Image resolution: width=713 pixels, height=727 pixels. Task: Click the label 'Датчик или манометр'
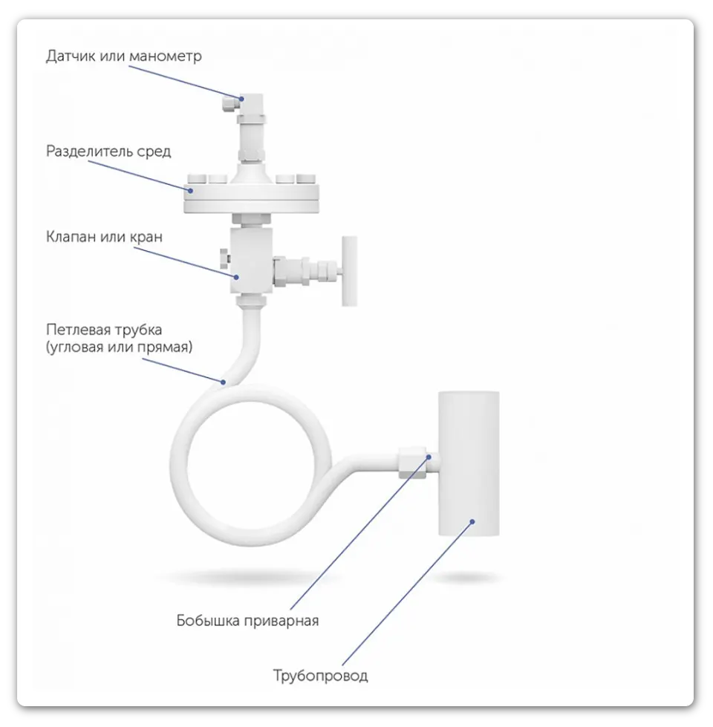(124, 56)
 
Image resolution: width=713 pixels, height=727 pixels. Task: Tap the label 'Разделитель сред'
(108, 151)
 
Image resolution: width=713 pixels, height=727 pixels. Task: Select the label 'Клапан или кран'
(104, 237)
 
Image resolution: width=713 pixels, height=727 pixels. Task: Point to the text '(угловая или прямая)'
(119, 347)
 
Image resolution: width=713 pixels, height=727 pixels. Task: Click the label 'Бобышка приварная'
(247, 621)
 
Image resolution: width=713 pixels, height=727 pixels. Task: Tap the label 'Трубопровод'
(320, 676)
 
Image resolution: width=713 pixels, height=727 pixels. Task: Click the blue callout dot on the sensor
(241, 99)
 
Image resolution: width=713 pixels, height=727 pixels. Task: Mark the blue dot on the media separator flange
(191, 190)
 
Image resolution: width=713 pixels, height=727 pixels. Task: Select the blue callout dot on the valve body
(236, 277)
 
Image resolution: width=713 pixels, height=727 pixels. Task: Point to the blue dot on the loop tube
(223, 382)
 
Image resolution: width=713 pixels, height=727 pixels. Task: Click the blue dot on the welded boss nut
(429, 457)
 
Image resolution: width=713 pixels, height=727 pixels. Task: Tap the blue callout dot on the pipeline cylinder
(472, 521)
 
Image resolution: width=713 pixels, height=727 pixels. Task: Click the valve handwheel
(350, 271)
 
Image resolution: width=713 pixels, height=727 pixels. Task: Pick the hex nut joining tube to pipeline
(412, 462)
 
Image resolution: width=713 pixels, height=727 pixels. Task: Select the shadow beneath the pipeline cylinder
(467, 578)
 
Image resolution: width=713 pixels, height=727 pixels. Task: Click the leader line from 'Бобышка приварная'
(359, 533)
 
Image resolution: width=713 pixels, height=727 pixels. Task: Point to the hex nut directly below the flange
(251, 219)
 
